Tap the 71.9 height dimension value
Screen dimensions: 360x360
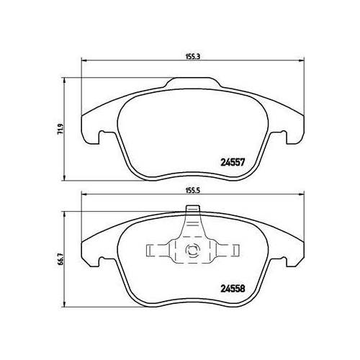click(61, 127)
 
